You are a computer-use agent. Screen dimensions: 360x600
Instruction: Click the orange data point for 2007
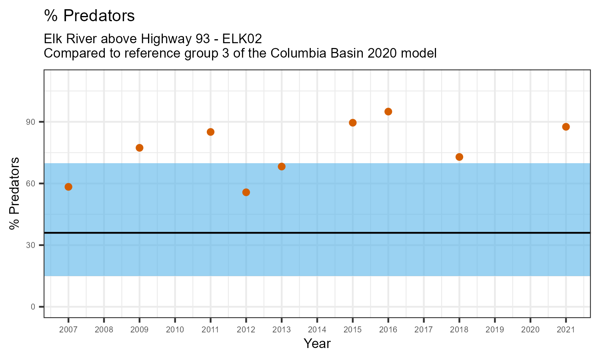click(68, 187)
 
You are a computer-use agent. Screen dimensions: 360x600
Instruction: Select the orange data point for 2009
click(140, 148)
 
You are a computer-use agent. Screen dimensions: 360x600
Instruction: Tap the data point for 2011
click(210, 132)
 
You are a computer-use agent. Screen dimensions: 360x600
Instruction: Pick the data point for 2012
click(246, 192)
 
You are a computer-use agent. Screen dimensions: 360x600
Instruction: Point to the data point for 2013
click(282, 166)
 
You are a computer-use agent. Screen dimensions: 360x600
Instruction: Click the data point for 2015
click(353, 123)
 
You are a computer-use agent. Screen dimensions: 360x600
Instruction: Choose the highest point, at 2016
click(388, 112)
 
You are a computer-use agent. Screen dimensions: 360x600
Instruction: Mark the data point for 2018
click(459, 157)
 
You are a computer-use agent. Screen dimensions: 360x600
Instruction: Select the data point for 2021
click(566, 127)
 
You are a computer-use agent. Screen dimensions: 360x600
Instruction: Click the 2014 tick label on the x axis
click(317, 330)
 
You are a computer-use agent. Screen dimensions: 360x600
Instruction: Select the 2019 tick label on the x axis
click(494, 330)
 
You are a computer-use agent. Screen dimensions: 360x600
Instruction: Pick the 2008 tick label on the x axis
click(104, 330)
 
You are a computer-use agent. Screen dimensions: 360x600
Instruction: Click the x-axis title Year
click(317, 343)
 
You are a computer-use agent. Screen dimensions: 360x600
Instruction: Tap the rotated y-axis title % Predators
click(15, 194)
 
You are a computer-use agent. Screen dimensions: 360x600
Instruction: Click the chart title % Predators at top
click(89, 16)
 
